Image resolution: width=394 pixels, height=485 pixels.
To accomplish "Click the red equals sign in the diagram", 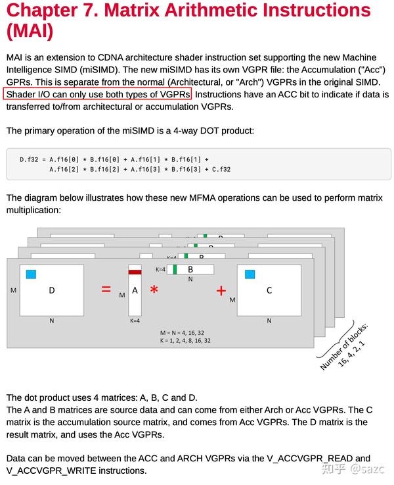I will [106, 289].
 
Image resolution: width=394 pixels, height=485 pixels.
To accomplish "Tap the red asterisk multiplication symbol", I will [154, 290].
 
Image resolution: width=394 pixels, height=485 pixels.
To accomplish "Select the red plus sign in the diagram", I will [221, 290].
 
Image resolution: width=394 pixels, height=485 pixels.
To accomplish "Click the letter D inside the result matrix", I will [52, 290].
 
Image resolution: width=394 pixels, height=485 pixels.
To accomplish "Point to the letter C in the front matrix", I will [269, 290].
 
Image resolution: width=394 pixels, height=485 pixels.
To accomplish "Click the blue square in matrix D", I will [31, 274].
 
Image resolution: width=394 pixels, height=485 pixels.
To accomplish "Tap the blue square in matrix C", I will [250, 274].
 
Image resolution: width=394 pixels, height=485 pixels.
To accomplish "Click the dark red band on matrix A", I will [135, 271].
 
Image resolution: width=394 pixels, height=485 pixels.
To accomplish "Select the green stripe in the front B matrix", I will [175, 269].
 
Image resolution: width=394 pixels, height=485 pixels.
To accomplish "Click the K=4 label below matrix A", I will [135, 320].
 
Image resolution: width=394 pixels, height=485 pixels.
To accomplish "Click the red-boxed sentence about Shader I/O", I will [98, 94].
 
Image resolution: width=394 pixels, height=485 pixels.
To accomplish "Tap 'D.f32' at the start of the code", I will [30, 159].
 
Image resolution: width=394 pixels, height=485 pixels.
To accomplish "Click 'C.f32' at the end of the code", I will [220, 169].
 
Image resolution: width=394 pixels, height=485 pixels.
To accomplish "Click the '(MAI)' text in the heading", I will [30, 31].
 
